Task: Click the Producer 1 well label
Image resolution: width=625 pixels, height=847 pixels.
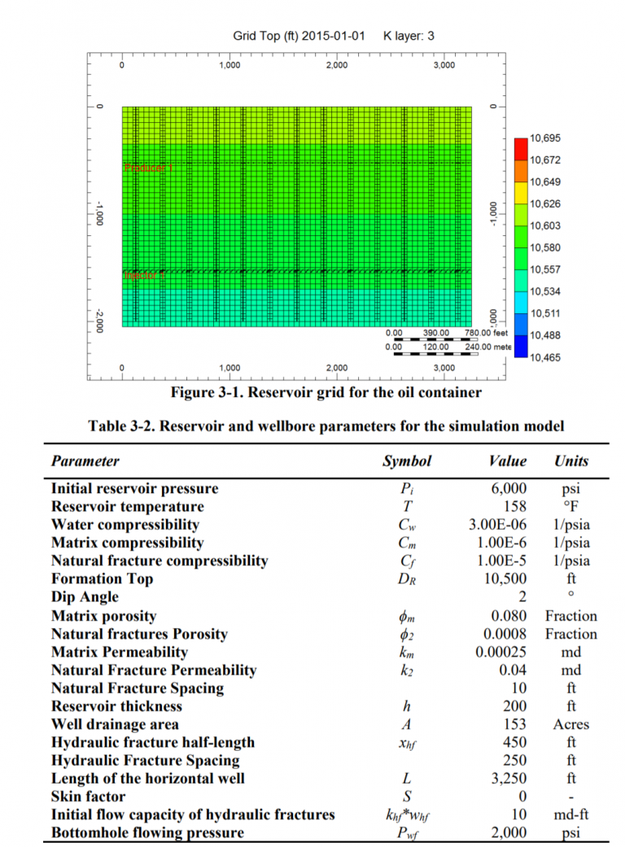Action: coord(148,168)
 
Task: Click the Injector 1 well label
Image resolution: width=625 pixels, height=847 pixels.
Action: coord(145,275)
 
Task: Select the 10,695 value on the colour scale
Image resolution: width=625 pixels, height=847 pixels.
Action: coord(545,138)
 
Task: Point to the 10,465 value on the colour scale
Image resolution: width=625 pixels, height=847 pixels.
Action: coord(545,357)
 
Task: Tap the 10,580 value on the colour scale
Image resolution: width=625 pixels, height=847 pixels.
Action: coord(545,247)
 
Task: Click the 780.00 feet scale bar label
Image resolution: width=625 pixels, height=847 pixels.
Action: coord(486,333)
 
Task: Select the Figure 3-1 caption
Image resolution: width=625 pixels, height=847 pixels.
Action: coord(326,393)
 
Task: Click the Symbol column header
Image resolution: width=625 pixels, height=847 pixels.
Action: coord(407,461)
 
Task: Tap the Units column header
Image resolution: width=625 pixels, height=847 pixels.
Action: coord(571,461)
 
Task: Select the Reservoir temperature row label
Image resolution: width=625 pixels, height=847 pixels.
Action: coord(127,507)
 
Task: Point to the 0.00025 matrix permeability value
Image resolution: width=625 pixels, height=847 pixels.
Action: coord(500,652)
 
